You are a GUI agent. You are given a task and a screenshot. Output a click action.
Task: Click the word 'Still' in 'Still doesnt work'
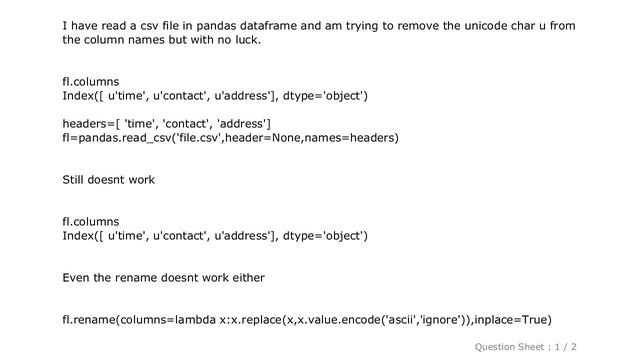(x=76, y=180)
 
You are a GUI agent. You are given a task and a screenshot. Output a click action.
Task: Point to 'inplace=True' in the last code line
(x=512, y=320)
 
